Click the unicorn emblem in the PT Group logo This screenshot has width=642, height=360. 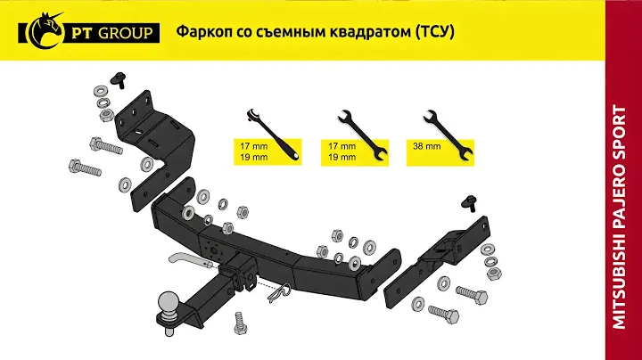pos(49,30)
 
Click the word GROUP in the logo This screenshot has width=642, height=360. pos(126,33)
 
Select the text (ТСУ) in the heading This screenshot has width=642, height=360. pos(435,31)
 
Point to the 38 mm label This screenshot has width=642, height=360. pos(426,146)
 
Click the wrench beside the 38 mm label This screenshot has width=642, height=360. pos(448,135)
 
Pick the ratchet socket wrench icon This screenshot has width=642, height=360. pos(273,135)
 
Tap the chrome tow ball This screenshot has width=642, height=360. pos(169,303)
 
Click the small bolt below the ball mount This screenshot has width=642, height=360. pos(241,323)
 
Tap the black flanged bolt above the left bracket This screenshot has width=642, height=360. pos(119,79)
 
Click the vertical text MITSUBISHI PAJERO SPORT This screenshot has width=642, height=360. pos(620,217)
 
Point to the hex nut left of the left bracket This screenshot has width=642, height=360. pos(106,115)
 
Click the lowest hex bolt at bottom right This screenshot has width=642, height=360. pos(443,314)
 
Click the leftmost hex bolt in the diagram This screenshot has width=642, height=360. pos(86,167)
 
